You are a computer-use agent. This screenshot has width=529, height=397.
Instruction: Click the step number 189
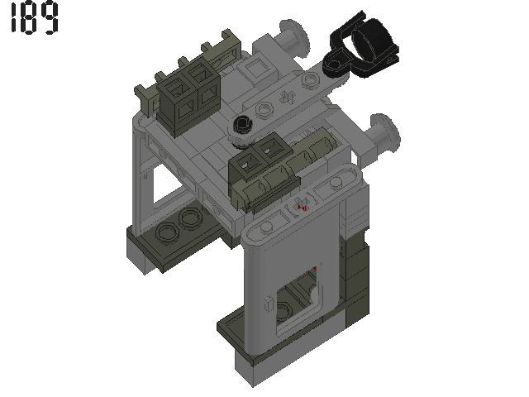click(34, 18)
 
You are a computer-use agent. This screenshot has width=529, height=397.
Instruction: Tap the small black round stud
click(243, 126)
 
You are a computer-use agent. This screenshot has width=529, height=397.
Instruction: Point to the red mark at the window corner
click(315, 269)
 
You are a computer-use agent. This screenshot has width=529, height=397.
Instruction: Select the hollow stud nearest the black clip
click(311, 79)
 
